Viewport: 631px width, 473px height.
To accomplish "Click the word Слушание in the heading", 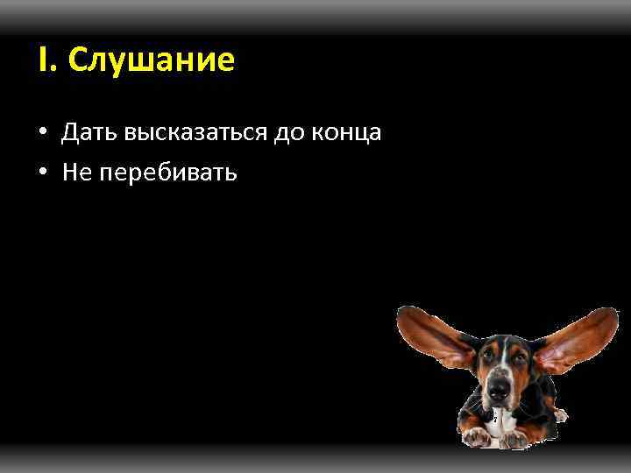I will tap(151, 60).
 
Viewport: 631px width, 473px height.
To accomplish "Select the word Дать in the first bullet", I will tap(90, 132).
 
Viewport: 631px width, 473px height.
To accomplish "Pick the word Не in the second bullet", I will tap(76, 172).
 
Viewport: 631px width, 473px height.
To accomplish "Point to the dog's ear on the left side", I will tap(431, 337).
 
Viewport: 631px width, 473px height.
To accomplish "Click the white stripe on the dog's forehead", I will tap(503, 350).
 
